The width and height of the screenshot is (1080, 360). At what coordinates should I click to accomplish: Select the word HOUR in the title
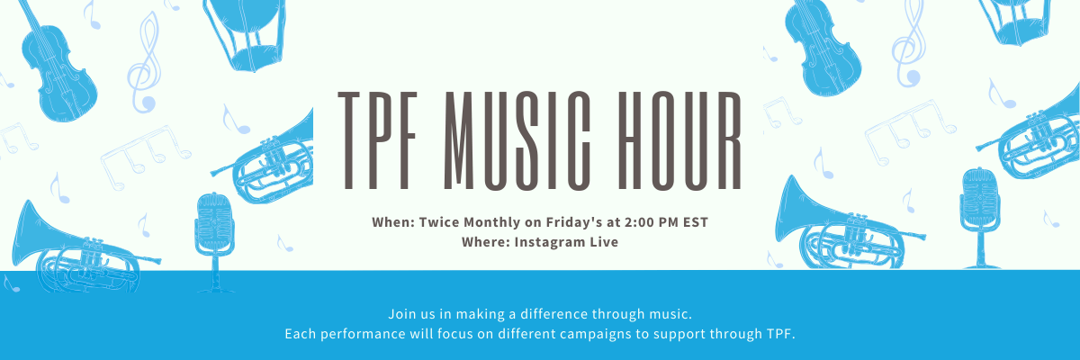pos(686,139)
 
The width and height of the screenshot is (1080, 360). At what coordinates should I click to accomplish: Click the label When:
pos(391,221)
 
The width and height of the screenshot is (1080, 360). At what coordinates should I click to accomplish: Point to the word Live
pos(603,242)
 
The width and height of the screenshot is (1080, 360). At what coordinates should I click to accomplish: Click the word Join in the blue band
pos(401,314)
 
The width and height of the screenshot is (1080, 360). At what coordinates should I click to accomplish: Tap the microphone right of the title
pos(979,211)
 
